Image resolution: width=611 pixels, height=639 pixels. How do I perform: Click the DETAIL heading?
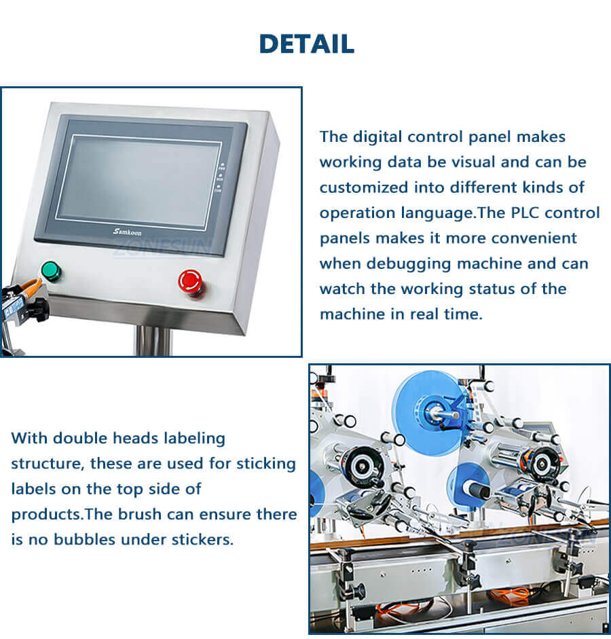click(306, 44)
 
